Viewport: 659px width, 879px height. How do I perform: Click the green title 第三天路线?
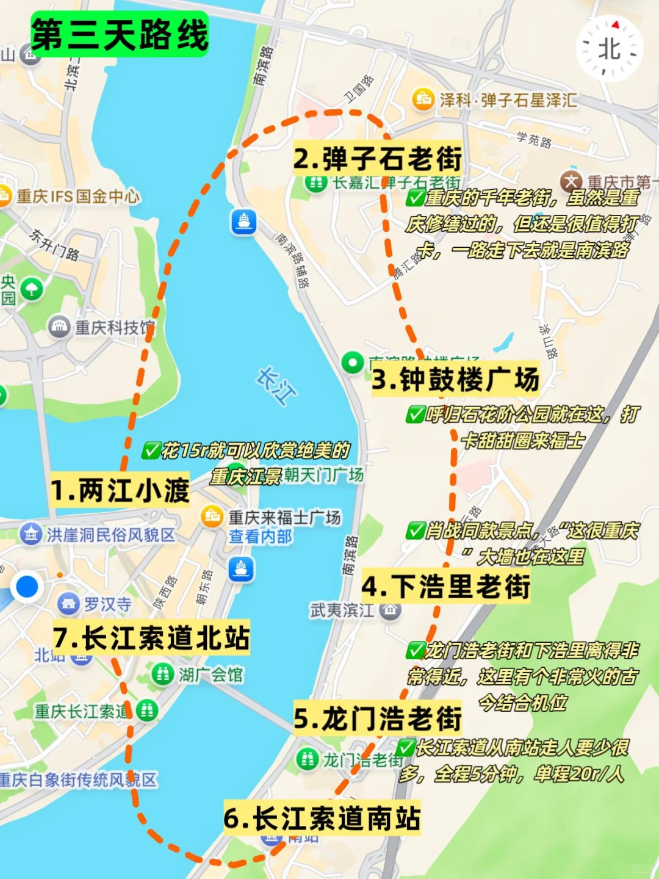tap(120, 35)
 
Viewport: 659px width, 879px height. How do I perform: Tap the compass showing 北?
tap(609, 49)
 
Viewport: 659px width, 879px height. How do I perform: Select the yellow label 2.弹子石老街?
tap(377, 159)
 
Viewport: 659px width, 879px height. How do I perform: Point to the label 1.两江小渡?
tap(120, 491)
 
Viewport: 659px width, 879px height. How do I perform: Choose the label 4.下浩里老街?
tap(445, 587)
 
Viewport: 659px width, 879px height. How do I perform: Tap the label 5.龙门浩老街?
tap(377, 718)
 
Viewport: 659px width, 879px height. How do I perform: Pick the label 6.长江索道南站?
tap(322, 818)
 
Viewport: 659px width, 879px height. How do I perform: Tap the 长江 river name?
tap(276, 386)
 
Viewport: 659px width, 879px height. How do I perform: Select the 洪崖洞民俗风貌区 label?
tap(110, 535)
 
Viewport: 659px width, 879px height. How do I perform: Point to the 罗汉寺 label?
tap(107, 604)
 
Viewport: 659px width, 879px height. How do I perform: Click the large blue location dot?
tap(27, 587)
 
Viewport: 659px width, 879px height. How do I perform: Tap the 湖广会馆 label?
tap(210, 675)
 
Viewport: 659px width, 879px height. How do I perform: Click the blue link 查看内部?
tap(260, 537)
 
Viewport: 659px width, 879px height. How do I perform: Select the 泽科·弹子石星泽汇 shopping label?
tap(506, 99)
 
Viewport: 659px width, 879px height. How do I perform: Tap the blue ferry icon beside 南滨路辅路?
tap(243, 222)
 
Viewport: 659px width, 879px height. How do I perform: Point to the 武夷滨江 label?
tap(342, 610)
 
